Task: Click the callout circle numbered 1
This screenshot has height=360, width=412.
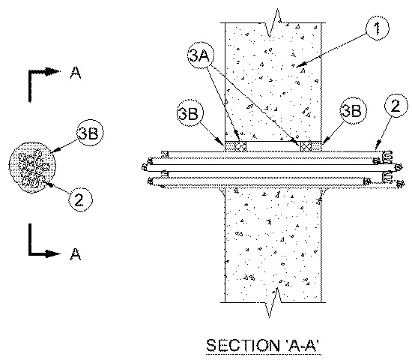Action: [378, 28]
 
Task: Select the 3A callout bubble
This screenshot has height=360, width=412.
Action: [201, 55]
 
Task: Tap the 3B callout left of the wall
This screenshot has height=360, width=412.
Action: [190, 113]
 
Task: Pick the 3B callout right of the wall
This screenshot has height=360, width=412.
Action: [354, 110]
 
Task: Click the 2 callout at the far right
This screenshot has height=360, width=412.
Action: [396, 106]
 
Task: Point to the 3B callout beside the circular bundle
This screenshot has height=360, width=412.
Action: [90, 133]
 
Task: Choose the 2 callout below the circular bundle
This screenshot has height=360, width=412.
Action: [80, 199]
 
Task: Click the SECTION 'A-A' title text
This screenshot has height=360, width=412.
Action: [263, 346]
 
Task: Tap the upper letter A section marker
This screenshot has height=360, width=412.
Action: [76, 73]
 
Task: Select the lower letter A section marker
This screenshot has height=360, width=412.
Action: [76, 253]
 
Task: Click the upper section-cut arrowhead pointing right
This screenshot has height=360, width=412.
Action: [53, 71]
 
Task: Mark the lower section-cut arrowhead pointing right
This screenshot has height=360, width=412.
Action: [53, 254]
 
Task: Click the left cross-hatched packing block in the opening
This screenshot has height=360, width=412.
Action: [240, 146]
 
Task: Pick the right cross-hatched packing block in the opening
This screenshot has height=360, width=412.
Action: [306, 146]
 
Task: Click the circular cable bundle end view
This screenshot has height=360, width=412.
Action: [32, 167]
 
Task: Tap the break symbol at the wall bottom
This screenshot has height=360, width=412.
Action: [274, 303]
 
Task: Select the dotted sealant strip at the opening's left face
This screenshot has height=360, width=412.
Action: [230, 146]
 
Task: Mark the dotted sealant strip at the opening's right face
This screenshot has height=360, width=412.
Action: [316, 146]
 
